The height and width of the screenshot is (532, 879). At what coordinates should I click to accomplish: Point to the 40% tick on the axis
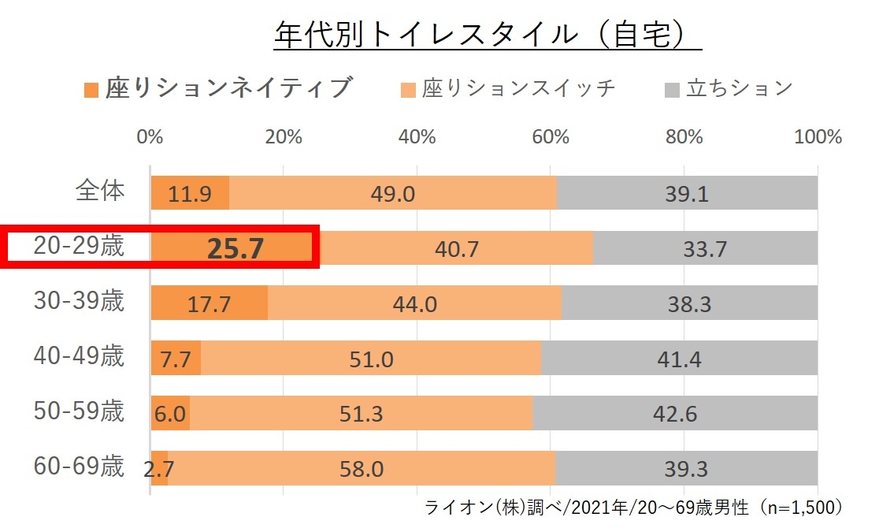(417, 136)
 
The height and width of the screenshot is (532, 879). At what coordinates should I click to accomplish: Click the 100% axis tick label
(818, 136)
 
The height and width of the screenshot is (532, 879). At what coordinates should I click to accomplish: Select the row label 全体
(100, 191)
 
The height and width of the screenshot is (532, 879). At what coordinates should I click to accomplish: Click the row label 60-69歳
(79, 467)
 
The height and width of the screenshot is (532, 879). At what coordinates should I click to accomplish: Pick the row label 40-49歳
(79, 356)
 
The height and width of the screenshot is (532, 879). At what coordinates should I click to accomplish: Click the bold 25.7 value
(234, 248)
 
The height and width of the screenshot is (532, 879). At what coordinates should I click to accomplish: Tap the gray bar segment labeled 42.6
(675, 413)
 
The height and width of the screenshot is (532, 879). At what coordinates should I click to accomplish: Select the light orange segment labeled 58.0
(362, 469)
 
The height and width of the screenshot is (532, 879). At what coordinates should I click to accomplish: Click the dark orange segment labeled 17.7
(209, 303)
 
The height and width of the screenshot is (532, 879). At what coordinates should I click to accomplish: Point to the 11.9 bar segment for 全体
(190, 193)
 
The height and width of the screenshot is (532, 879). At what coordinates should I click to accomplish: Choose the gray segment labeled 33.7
(705, 248)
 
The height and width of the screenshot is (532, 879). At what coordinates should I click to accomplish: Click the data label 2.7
(159, 470)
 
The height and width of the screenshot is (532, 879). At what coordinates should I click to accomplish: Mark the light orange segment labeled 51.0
(371, 359)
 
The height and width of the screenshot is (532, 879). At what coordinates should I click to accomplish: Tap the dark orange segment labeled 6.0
(170, 413)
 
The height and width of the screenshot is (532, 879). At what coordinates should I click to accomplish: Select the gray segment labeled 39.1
(687, 193)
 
